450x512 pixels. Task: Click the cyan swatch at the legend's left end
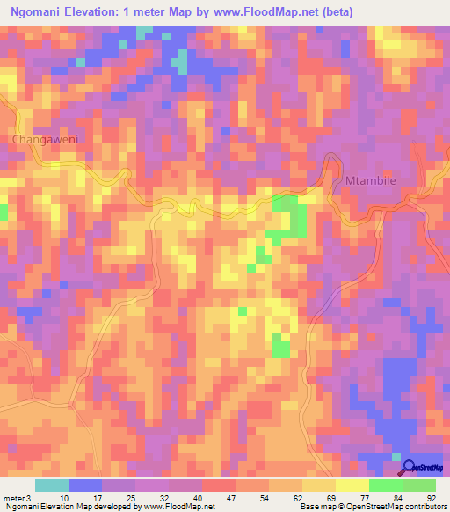coord(52,485)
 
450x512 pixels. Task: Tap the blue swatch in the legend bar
coord(85,485)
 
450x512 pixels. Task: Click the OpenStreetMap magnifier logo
coord(408,467)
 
